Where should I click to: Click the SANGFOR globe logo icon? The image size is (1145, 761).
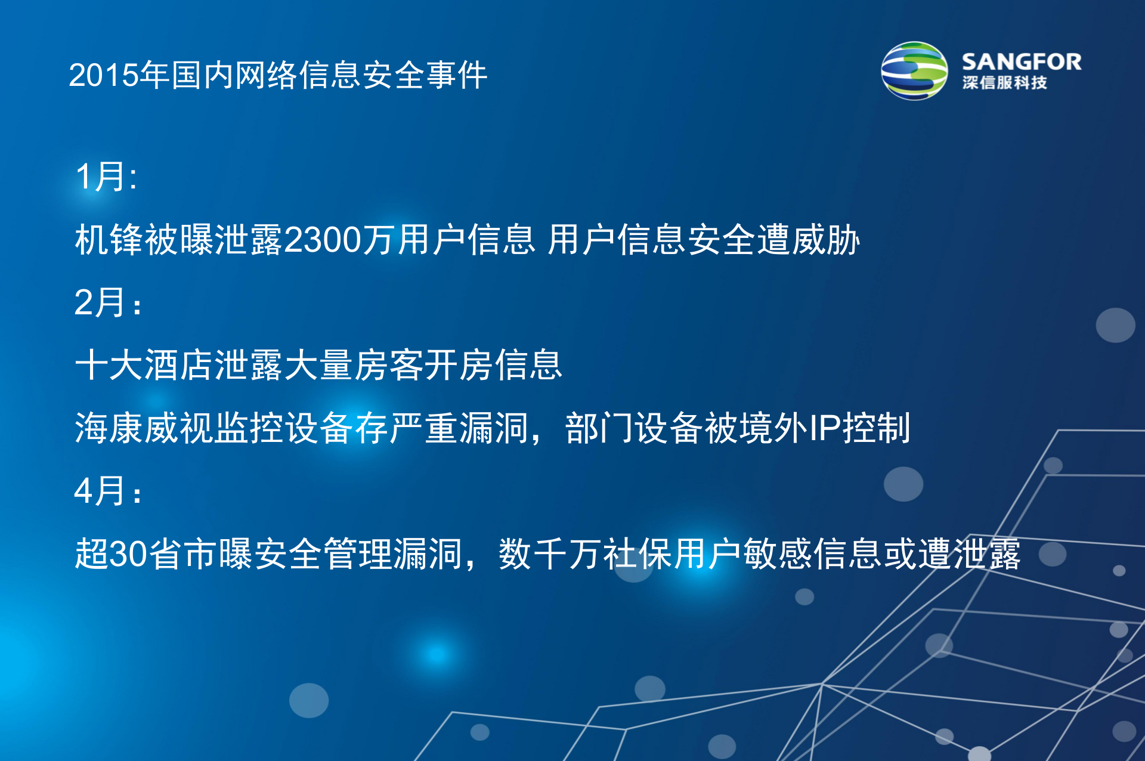pyautogui.click(x=914, y=71)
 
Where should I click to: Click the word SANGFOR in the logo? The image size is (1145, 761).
pyautogui.click(x=1021, y=62)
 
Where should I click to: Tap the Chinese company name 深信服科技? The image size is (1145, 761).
pyautogui.click(x=1004, y=83)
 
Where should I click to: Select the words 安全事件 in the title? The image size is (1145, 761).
pyautogui.click(x=425, y=76)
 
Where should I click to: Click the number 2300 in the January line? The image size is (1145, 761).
pyautogui.click(x=323, y=240)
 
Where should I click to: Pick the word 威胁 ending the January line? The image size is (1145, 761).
pyautogui.click(x=826, y=240)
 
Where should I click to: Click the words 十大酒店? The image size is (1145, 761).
pyautogui.click(x=144, y=365)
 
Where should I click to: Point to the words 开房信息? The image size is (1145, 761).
pyautogui.click(x=493, y=365)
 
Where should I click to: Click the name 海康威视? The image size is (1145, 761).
pyautogui.click(x=144, y=428)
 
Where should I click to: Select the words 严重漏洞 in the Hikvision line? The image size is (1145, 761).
pyautogui.click(x=459, y=428)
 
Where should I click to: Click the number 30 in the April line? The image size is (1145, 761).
pyautogui.click(x=128, y=554)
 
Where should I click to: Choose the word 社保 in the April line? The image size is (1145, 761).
pyautogui.click(x=638, y=554)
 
